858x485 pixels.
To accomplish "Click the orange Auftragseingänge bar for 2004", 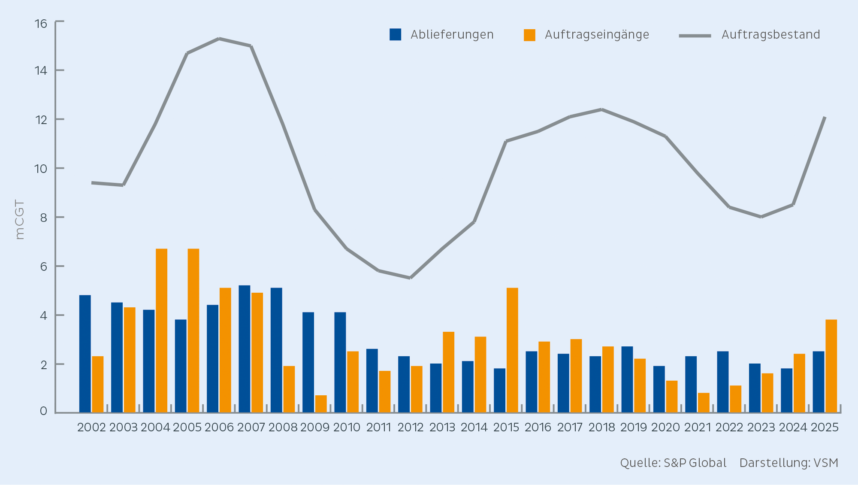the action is (162, 330).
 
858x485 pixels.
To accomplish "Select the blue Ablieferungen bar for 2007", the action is (245, 349).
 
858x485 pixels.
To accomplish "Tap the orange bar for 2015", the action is (512, 350).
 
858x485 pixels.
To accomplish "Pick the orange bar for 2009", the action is (321, 404).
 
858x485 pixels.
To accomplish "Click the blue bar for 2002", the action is (85, 354).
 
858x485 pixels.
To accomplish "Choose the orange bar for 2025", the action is (831, 366).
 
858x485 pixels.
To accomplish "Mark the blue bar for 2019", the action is (627, 379).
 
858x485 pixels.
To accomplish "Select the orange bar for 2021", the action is (704, 403).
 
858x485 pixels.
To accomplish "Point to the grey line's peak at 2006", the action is (219, 39).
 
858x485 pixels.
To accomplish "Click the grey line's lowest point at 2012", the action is (411, 278).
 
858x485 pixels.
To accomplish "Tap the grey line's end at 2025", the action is (825, 117).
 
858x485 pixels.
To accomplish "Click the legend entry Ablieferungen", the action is (441, 34).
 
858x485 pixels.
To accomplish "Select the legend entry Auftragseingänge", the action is (586, 35).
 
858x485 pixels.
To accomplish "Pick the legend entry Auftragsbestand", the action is (749, 35).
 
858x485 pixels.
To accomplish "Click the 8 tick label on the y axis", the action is (43, 218).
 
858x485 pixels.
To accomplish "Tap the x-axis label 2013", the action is (442, 427).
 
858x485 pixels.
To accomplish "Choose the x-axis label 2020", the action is (665, 427).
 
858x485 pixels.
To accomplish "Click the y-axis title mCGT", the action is (20, 219).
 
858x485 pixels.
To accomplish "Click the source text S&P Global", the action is (695, 463).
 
